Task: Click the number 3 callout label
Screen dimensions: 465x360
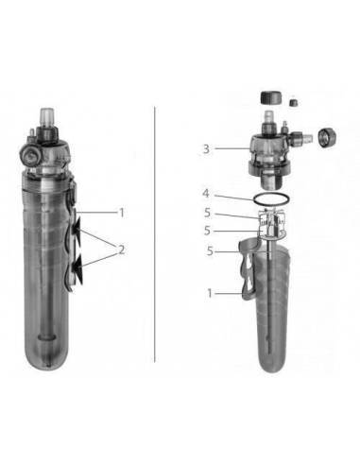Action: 206,148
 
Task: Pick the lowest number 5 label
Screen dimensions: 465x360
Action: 210,250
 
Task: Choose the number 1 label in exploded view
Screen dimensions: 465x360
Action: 210,294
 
